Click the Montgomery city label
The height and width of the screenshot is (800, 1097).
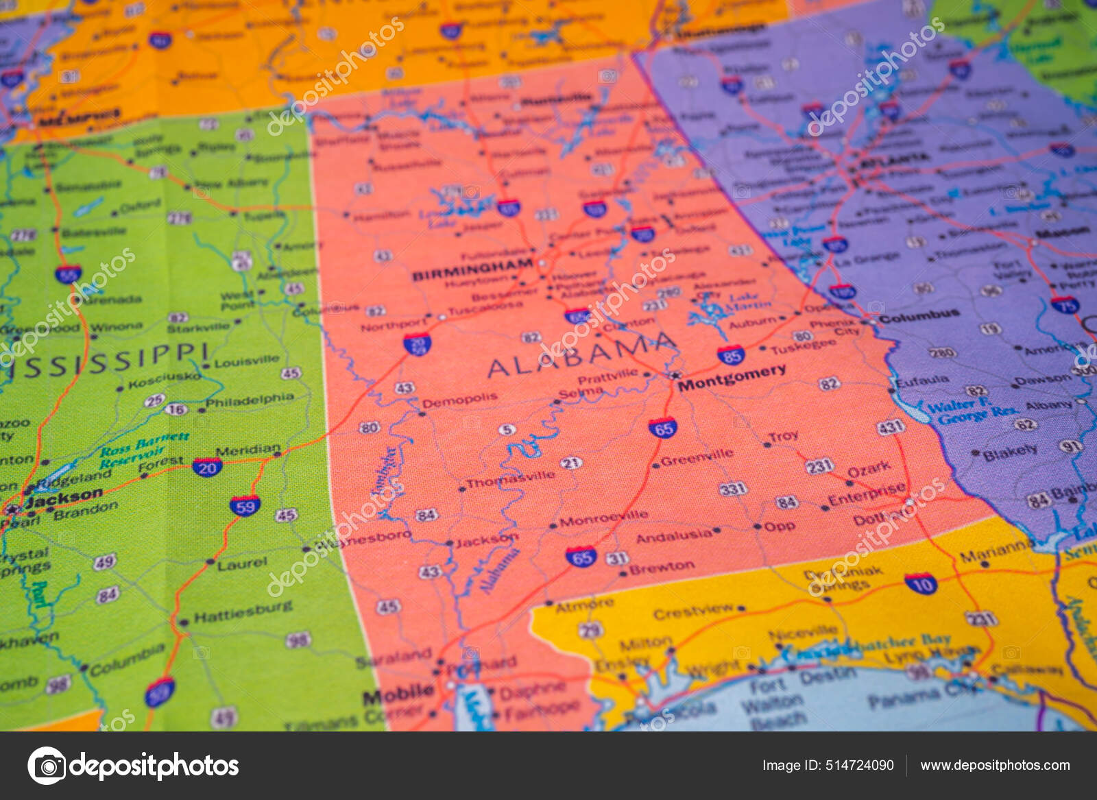pos(732,378)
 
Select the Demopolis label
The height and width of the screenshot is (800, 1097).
pos(460,400)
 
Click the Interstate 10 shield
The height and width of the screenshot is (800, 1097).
pos(921,584)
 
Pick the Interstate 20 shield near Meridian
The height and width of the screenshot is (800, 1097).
pos(206,468)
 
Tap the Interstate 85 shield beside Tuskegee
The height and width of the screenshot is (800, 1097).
pos(731,355)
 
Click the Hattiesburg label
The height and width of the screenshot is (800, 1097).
pos(243,611)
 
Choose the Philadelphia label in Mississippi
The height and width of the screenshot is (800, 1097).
pos(250,400)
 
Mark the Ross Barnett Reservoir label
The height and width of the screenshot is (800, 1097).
pos(143,450)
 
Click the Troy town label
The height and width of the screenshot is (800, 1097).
pos(783,436)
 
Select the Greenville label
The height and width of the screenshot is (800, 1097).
pos(697,457)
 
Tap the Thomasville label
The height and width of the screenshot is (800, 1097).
pos(510,478)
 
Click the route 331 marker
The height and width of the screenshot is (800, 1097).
pos(732,489)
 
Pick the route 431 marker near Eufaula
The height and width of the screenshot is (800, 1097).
pos(890,428)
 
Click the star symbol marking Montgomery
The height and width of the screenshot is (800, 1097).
pos(675,375)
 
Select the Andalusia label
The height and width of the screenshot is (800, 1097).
pos(674,536)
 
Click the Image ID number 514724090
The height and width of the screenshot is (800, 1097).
pos(828,765)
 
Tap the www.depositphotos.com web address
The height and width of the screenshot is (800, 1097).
pos(995,765)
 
